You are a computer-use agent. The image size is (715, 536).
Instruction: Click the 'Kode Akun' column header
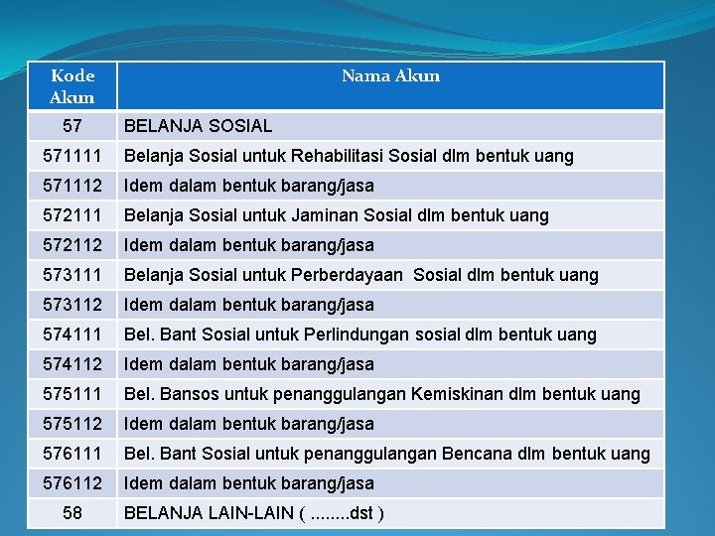tap(72, 86)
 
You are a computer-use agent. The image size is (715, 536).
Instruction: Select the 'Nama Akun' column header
tap(390, 76)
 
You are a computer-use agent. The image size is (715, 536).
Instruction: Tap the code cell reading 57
tap(72, 126)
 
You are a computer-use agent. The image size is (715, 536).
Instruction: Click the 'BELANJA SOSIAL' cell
tap(198, 126)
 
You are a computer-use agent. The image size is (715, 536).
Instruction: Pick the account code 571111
tap(72, 156)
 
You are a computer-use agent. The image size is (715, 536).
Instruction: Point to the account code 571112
tap(72, 186)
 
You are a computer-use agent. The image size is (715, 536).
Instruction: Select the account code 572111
tap(72, 215)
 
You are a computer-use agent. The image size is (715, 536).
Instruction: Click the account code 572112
tap(72, 245)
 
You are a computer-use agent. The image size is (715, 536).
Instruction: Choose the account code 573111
tap(72, 275)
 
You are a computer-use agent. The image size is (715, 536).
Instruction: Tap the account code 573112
tap(72, 305)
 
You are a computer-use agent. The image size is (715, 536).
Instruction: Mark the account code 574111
tap(72, 335)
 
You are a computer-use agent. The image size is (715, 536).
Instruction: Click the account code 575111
tap(72, 394)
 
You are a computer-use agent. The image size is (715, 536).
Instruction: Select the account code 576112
tap(72, 483)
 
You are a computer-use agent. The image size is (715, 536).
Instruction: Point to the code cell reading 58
tap(72, 513)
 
